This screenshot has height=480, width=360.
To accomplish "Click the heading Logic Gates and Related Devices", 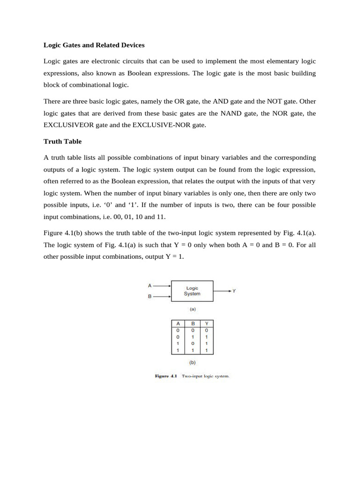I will (x=94, y=45).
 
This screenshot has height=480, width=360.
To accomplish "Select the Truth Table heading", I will (x=62, y=141).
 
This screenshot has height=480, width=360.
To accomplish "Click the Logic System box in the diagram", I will (x=192, y=291).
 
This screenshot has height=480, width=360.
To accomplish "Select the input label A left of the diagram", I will (x=150, y=285).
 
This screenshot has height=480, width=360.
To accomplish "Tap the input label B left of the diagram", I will (x=150, y=297).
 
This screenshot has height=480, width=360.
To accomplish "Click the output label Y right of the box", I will (x=234, y=291).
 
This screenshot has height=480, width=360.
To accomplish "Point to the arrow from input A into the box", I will (x=162, y=285).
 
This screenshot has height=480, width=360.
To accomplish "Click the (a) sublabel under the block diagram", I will (x=192, y=309).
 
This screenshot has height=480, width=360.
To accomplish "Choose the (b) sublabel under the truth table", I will (x=192, y=362).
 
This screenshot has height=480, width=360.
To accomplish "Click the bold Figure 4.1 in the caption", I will (x=166, y=376).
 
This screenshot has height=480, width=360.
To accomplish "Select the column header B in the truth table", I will (x=193, y=323).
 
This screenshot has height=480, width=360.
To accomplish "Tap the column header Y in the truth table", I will (x=207, y=323).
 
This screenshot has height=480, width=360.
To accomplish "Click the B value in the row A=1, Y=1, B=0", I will (x=193, y=343).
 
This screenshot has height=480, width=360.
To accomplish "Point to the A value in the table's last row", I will (x=178, y=350).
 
